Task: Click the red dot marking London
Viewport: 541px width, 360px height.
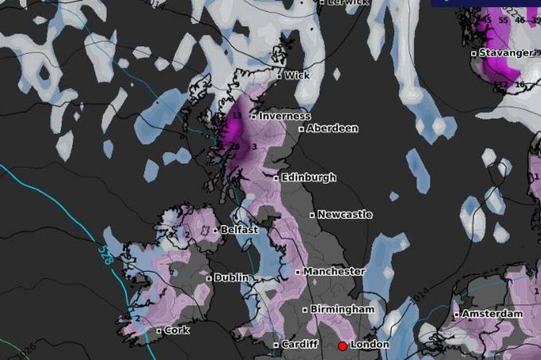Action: pyautogui.click(x=342, y=346)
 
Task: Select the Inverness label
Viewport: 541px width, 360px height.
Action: pyautogui.click(x=285, y=116)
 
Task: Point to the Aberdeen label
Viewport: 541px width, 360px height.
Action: pyautogui.click(x=332, y=128)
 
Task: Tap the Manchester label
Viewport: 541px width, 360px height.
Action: pyautogui.click(x=334, y=272)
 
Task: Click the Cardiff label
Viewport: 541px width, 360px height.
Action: pyautogui.click(x=299, y=345)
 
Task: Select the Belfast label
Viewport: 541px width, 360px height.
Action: pyautogui.click(x=239, y=230)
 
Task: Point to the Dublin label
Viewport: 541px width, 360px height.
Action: pyautogui.click(x=231, y=277)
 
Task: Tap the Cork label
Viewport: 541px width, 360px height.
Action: pyautogui.click(x=176, y=330)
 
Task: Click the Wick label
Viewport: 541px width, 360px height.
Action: pyautogui.click(x=297, y=76)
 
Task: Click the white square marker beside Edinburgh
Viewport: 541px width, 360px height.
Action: pyautogui.click(x=276, y=178)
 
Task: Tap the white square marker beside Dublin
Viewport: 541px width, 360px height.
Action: pyautogui.click(x=209, y=278)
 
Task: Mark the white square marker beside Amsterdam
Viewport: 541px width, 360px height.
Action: pyautogui.click(x=457, y=314)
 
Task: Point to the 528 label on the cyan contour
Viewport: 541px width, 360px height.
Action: pyautogui.click(x=108, y=254)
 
